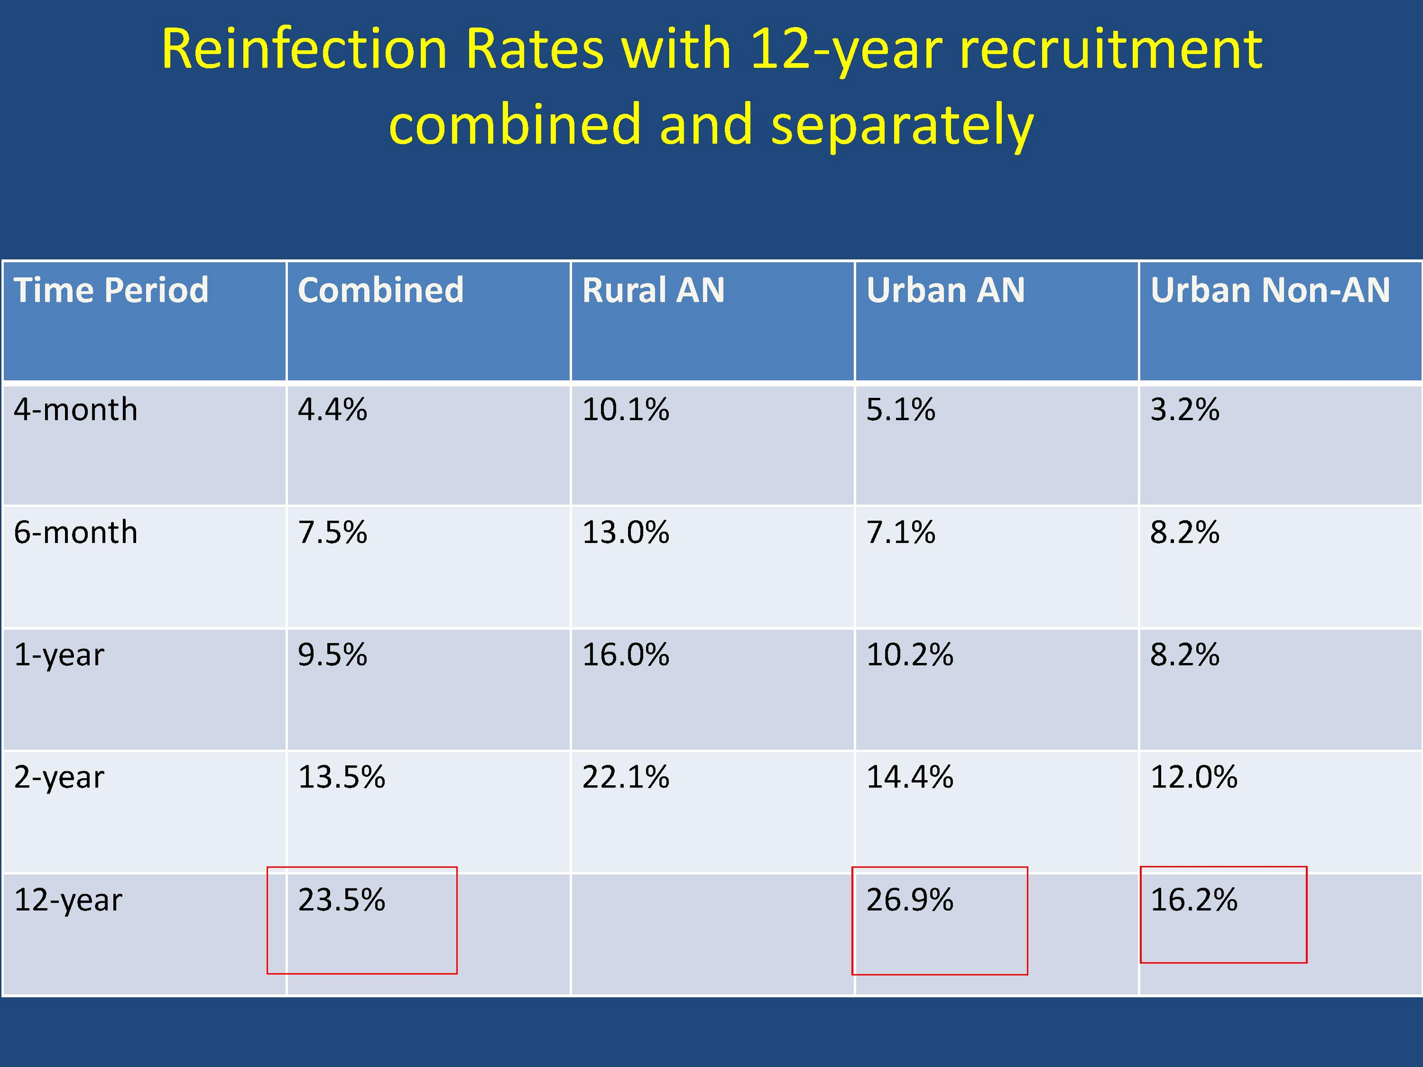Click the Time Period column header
(111, 290)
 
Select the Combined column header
(380, 290)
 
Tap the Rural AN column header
(653, 290)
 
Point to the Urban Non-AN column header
(1270, 290)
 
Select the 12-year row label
(68, 900)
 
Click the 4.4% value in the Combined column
(332, 410)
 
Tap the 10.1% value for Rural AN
(625, 410)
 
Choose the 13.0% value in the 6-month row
(625, 532)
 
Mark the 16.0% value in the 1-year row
(625, 655)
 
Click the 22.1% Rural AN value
(625, 777)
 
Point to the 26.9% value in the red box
(909, 900)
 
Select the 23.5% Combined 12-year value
(341, 900)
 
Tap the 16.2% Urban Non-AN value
(1193, 900)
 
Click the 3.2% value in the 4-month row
(1185, 410)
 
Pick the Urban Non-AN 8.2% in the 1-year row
(1185, 655)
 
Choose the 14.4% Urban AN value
(909, 777)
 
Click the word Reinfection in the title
(303, 49)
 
